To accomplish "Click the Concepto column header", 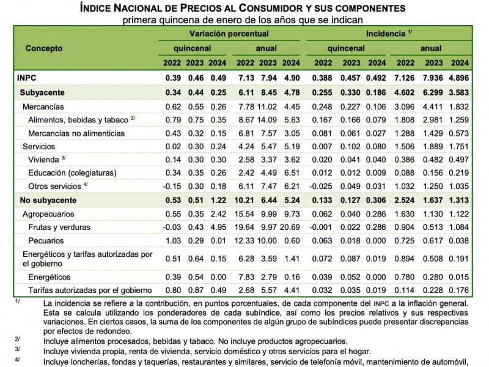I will coord(44,48).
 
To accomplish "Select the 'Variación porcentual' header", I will coord(228,34).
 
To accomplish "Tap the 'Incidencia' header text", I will coord(386,34).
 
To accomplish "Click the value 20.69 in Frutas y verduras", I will coord(289,227).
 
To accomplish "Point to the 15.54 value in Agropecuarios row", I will coord(245,214).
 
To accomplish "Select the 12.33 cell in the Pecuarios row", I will coord(245,240).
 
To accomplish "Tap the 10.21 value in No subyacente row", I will coord(245,200).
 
